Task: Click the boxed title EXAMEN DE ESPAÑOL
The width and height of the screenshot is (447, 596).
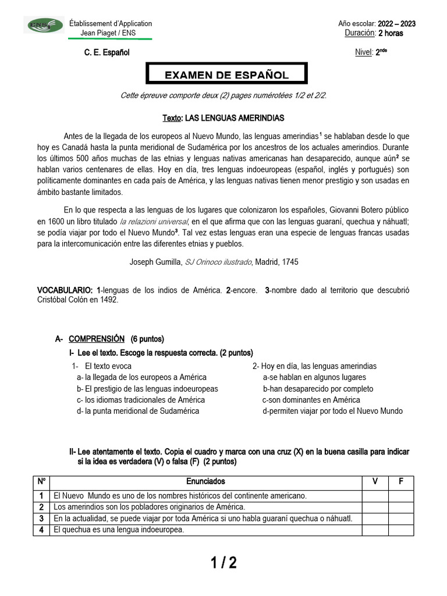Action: coord(226,74)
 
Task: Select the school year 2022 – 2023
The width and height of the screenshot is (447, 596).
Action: coord(396,23)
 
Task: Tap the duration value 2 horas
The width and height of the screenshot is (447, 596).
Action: coord(390,33)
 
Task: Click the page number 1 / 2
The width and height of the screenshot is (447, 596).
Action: coord(223,563)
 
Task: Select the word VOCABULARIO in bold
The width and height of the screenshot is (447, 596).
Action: coord(65,290)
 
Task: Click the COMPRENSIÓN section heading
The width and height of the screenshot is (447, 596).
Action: coord(96,339)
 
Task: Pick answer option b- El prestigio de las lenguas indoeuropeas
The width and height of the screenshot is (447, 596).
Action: coord(147,389)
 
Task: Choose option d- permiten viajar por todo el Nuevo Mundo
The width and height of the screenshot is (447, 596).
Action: coord(332,411)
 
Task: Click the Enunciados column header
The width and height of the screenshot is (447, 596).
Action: coord(205,482)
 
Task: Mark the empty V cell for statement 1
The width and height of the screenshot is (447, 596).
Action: coord(375,496)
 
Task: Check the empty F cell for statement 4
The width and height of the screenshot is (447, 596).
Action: coord(400,530)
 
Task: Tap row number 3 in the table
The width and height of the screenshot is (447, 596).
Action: coord(41,519)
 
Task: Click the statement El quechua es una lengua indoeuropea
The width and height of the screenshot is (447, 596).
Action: coord(119,530)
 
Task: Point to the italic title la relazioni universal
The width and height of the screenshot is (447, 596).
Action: coord(154,222)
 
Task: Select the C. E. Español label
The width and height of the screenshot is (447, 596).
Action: coord(107,53)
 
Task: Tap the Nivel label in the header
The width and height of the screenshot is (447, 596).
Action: coord(363,53)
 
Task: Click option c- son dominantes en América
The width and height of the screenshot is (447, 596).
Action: coord(311,400)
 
